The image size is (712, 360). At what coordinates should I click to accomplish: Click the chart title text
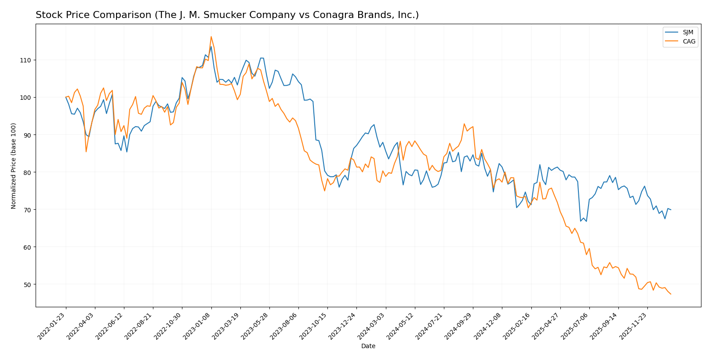tap(227, 15)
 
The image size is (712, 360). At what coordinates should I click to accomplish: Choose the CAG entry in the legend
tap(689, 42)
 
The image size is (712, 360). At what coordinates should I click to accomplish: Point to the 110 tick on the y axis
tap(27, 60)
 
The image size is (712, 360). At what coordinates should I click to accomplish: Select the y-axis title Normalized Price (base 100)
tap(14, 166)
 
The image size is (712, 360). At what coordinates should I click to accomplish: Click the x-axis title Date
tap(368, 346)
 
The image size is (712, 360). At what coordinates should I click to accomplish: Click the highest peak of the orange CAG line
tap(211, 36)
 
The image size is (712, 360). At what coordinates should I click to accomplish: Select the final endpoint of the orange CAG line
tap(671, 294)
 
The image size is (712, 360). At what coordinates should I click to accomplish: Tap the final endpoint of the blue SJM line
tap(671, 210)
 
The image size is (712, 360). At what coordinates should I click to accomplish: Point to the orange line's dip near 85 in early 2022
tap(86, 152)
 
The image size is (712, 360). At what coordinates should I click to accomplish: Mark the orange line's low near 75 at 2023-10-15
tap(325, 190)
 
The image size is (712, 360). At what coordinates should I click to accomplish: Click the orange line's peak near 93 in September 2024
tap(464, 124)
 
